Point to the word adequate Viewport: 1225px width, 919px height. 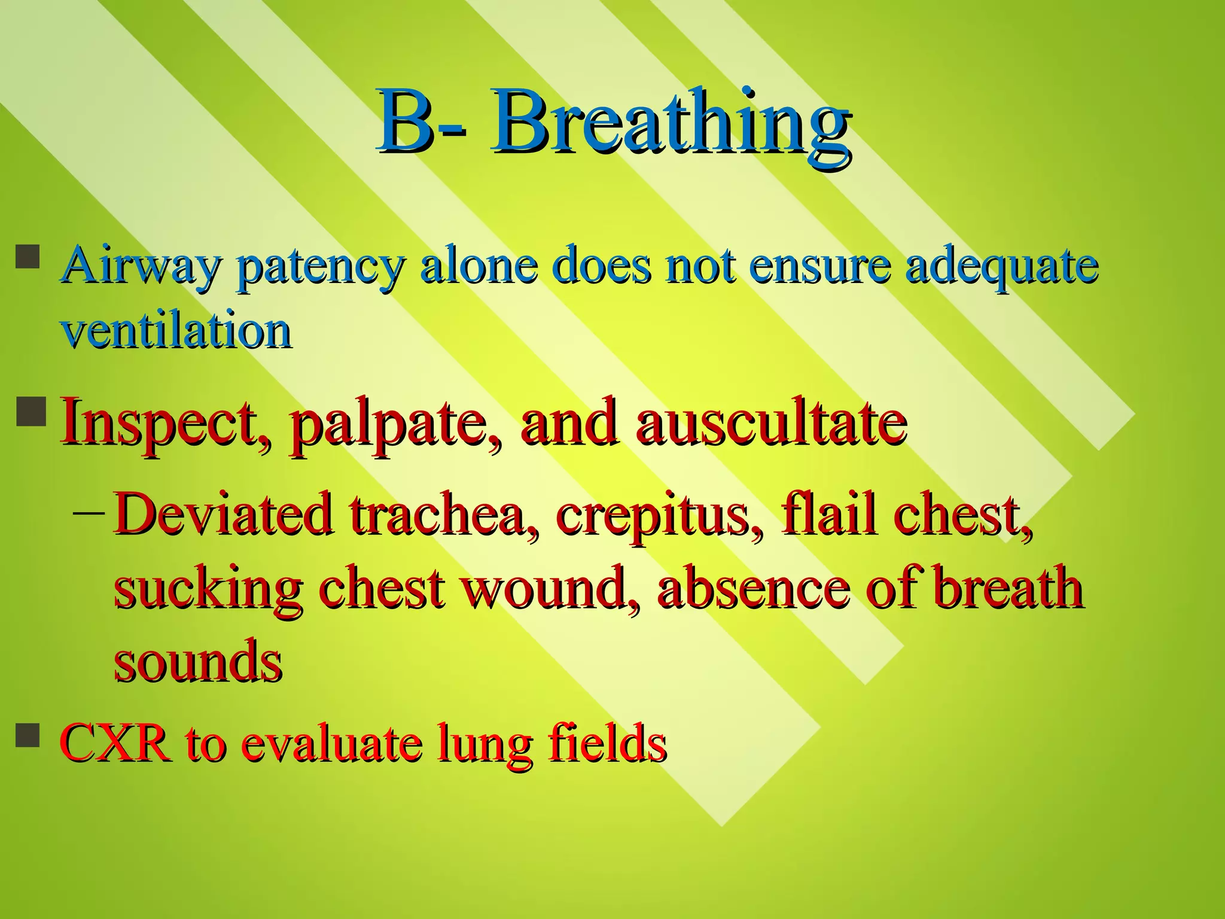coord(1002,267)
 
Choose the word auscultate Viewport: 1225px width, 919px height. coord(772,422)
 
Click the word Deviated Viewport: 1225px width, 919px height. coord(223,515)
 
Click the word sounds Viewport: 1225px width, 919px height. coord(198,661)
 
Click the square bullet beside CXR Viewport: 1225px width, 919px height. coord(28,735)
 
